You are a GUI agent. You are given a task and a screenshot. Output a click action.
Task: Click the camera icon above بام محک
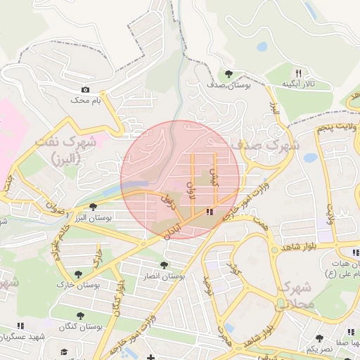(86, 89)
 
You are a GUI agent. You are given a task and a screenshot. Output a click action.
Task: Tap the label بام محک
(86, 101)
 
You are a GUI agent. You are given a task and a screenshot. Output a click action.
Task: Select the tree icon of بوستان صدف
(228, 74)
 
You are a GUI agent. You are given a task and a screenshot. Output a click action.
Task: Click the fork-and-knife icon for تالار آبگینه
(298, 73)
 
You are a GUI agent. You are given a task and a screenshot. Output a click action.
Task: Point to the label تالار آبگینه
(298, 84)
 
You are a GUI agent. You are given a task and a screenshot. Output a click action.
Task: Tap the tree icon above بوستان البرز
(94, 206)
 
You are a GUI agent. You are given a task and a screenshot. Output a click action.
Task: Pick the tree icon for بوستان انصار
(164, 265)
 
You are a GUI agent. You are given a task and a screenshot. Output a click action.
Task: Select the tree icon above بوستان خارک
(78, 274)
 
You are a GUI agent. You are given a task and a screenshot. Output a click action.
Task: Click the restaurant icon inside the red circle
(210, 212)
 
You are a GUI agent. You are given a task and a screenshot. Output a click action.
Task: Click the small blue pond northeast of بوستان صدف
(262, 47)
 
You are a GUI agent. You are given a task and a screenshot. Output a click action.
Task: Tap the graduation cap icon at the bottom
(64, 352)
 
